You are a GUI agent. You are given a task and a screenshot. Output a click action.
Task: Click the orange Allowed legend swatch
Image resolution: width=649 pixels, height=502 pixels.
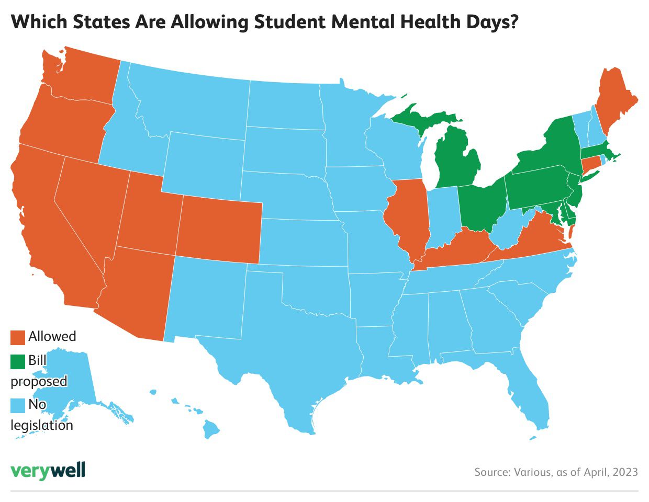18,337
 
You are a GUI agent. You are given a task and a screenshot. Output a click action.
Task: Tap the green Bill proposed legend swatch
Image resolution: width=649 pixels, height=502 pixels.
18,361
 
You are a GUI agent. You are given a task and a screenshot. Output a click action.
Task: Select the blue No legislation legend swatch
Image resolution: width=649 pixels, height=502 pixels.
18,405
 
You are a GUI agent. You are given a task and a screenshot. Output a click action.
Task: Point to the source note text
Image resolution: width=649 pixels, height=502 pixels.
556,472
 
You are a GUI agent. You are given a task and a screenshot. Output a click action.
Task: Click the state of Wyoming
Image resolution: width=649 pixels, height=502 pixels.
204,162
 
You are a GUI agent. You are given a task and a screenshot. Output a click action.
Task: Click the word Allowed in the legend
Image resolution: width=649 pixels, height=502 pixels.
52,336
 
